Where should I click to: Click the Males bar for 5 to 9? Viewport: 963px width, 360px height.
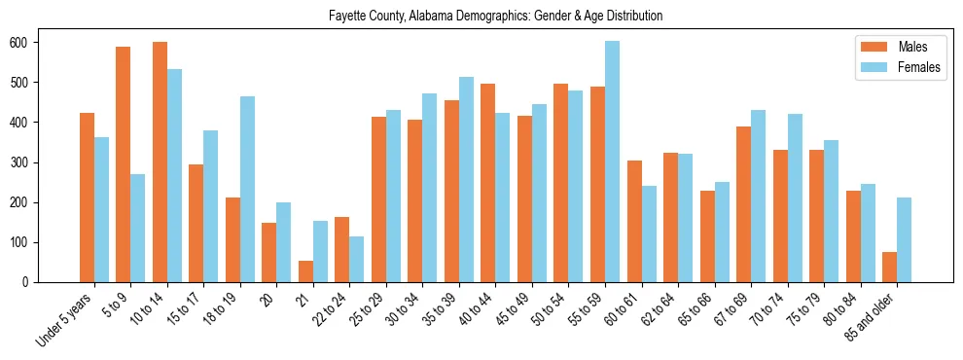point(123,164)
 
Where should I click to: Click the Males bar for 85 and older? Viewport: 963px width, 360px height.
point(889,268)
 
